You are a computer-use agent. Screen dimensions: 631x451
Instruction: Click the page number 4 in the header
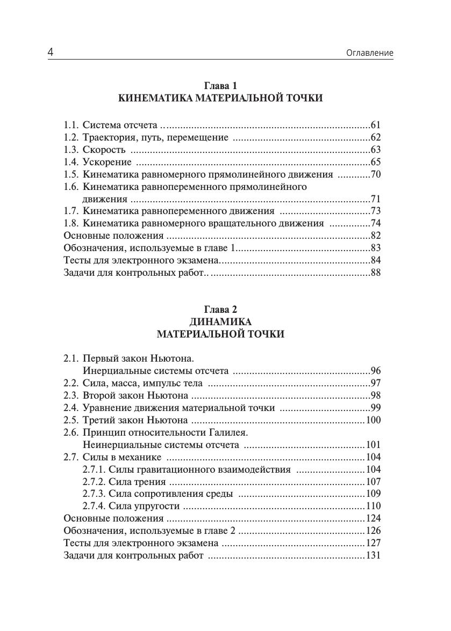tap(51, 52)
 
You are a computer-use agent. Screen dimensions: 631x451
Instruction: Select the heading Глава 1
tap(220, 86)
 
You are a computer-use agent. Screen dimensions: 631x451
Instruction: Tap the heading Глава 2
tap(220, 310)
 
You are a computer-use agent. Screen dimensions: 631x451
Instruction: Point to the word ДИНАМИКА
tap(220, 322)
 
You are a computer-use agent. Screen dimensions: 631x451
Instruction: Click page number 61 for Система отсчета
tap(375, 125)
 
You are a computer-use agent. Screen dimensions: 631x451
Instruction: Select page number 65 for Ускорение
tap(375, 162)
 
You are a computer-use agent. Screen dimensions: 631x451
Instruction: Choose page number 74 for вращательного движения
tap(375, 224)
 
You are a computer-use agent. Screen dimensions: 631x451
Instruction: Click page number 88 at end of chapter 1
tap(375, 273)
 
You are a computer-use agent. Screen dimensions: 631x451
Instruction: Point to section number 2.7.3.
tap(94, 494)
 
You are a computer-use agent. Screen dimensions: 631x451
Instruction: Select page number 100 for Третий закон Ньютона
tap(373, 420)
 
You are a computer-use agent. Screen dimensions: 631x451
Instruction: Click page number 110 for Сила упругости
tap(373, 506)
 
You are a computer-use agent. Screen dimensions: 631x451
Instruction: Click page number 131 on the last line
tap(373, 555)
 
